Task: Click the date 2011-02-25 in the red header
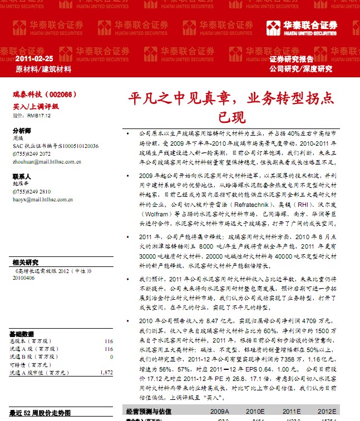(x=34, y=58)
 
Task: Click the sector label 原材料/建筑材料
(x=43, y=70)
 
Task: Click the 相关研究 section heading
(x=25, y=262)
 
